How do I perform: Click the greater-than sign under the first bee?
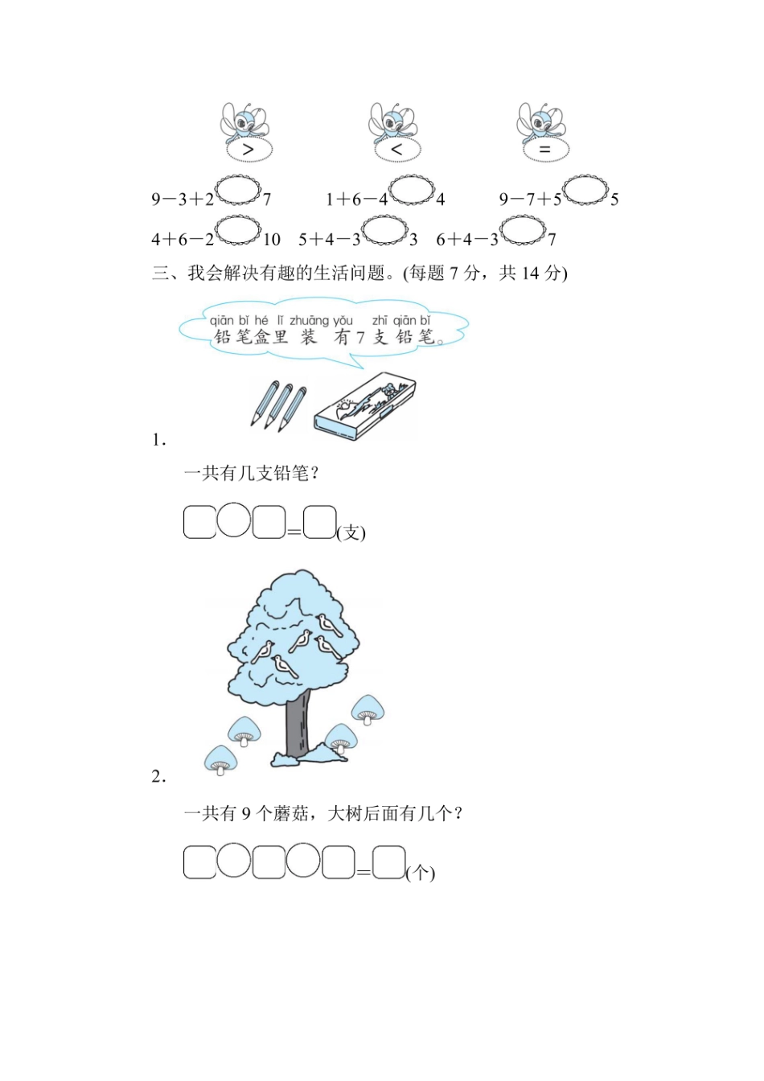coord(249,150)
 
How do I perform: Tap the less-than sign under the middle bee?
coord(396,150)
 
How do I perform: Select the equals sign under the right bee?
coord(544,150)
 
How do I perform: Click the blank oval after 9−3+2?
coord(238,191)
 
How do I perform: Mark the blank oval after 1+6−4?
coord(411,191)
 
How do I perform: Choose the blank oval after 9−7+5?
coord(585,191)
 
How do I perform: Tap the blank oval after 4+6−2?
coord(238,230)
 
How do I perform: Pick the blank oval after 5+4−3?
coord(384,230)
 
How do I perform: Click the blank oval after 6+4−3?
coord(523,230)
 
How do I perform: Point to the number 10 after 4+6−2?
coord(272,240)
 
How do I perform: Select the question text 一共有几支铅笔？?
coord(252,474)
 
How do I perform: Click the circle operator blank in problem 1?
coord(234,520)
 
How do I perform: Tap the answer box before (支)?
coord(320,522)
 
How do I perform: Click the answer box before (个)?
coord(389,862)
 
